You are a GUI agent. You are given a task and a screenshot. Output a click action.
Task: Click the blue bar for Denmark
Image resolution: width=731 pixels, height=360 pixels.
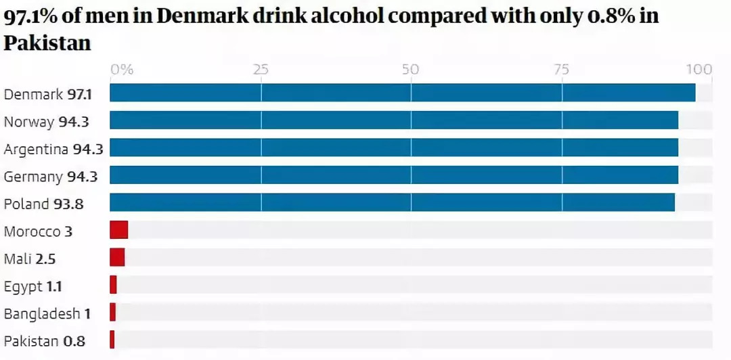pos(402,93)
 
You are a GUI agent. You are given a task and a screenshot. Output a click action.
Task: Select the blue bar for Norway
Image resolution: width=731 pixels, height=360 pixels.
pos(394,120)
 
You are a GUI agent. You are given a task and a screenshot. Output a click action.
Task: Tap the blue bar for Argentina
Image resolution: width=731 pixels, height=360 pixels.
pos(394,148)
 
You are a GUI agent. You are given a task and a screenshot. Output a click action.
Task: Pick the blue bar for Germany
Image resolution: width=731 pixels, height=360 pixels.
pos(394,175)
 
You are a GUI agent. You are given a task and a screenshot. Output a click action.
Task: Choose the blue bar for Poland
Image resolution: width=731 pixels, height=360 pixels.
pos(392,202)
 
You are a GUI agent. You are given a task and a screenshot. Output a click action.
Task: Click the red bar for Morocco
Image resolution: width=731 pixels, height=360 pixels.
pos(118,230)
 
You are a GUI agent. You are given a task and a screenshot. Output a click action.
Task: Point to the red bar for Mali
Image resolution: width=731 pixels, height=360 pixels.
pos(117,257)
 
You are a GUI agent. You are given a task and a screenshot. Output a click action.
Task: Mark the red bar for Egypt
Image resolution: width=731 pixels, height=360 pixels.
pos(113,285)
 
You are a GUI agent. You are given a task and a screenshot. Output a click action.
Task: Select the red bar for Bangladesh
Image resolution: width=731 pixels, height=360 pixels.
pos(113,312)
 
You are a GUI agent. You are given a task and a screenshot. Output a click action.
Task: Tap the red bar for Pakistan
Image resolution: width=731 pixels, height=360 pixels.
pos(112,340)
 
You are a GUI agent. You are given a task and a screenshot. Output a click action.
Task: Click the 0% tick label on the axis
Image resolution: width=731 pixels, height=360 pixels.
pos(122,69)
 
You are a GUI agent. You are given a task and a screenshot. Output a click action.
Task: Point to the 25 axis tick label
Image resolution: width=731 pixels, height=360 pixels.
pos(261,69)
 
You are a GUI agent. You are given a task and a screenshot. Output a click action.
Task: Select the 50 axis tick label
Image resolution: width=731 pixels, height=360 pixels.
pos(411,69)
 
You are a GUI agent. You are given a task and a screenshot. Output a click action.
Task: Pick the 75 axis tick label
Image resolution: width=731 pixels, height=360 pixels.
pos(561,69)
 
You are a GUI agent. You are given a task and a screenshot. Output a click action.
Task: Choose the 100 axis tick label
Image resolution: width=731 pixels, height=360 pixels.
pos(699,69)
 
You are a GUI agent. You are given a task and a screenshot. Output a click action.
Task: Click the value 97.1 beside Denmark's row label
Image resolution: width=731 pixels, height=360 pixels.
pos(79,95)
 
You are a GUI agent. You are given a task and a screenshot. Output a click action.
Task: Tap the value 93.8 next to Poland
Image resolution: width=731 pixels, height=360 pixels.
pos(68,204)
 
